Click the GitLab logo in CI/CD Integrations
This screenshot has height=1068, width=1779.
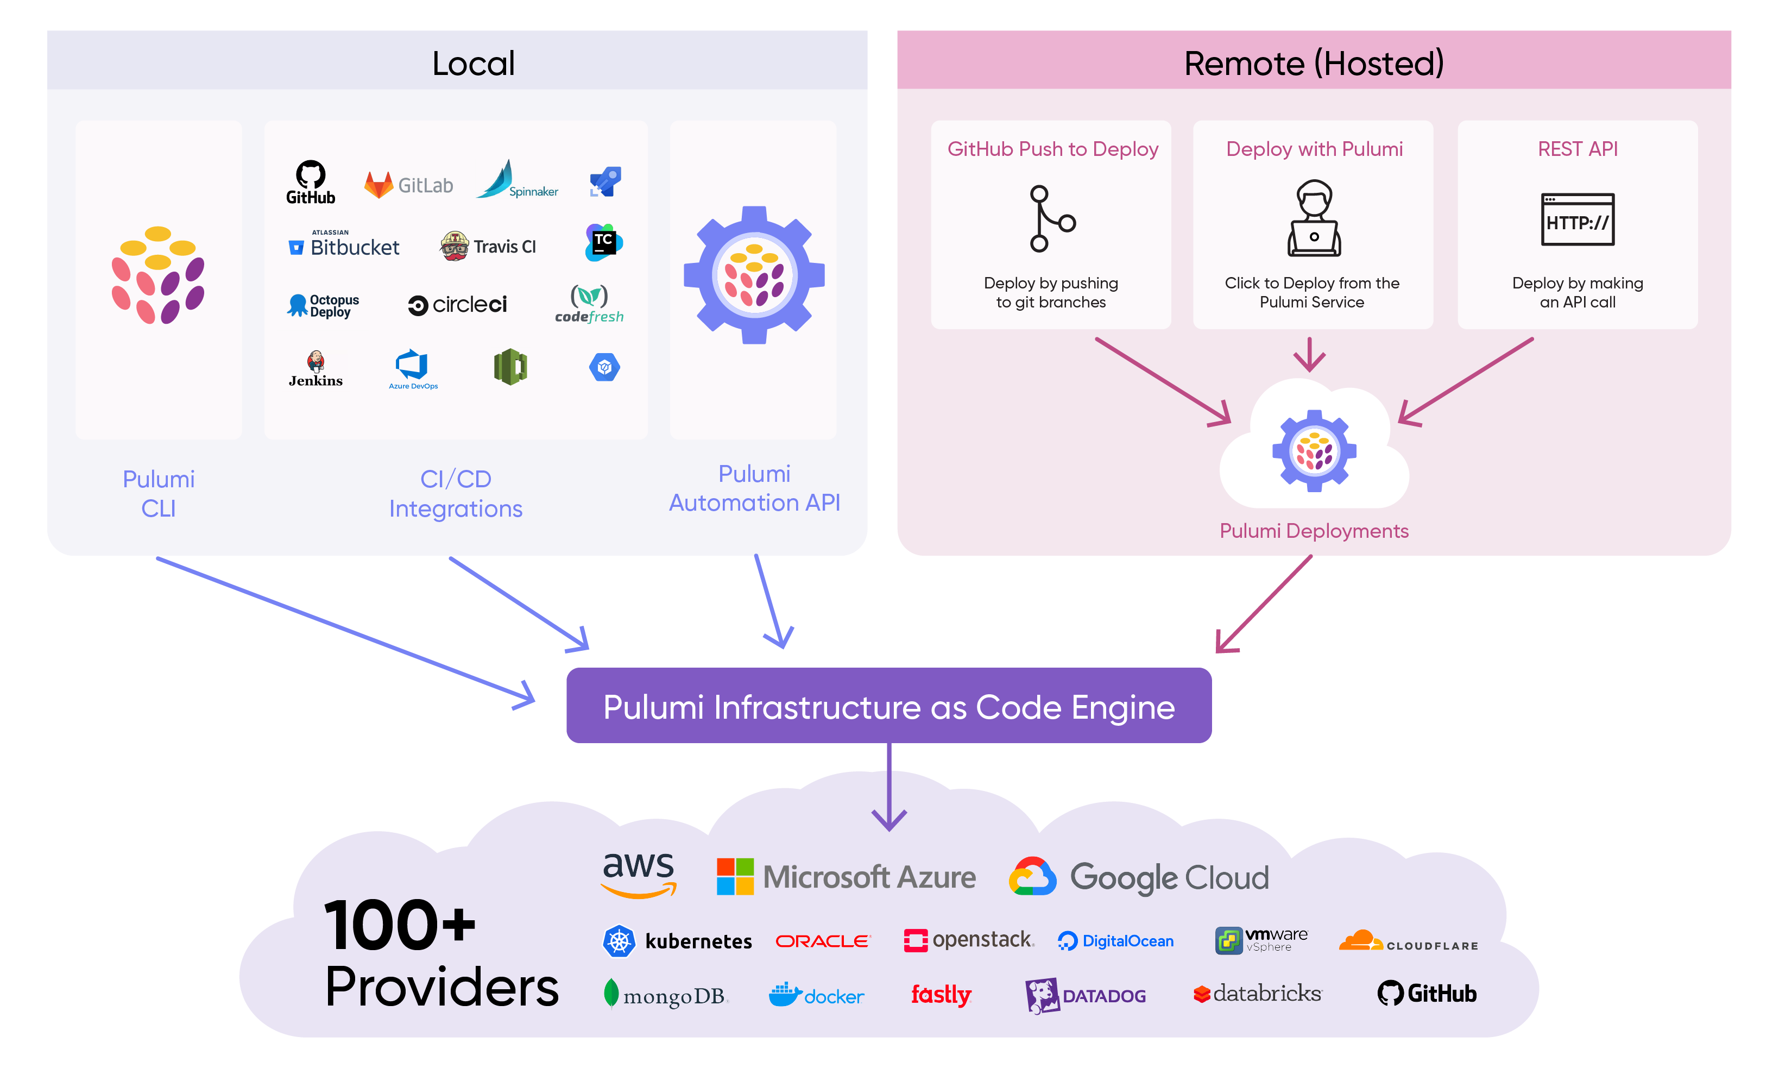408,185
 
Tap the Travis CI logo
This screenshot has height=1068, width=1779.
488,246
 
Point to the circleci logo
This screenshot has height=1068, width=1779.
458,304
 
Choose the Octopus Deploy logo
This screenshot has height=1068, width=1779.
323,305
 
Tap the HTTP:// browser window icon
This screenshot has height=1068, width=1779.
1577,219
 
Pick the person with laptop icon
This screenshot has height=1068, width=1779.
1314,218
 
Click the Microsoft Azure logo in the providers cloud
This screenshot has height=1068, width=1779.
846,877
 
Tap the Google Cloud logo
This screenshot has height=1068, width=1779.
1139,877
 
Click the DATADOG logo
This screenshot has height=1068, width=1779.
1085,995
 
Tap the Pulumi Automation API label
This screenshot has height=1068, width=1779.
754,487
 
